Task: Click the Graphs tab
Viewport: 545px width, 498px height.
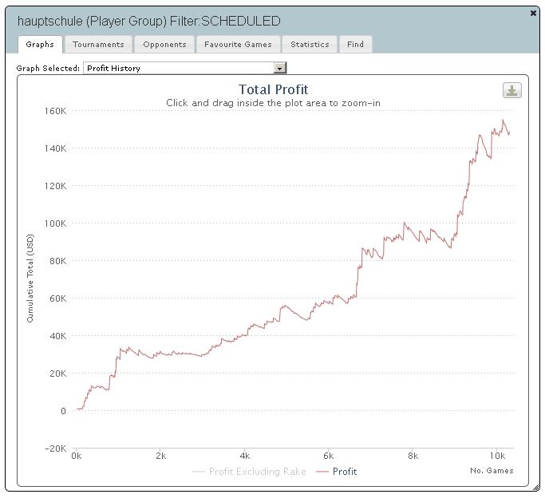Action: coord(40,45)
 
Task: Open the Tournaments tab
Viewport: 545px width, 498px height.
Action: coord(98,45)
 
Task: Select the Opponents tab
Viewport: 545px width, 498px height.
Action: coord(164,45)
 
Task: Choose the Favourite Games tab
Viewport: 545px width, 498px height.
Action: coord(238,45)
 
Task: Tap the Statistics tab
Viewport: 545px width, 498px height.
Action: coord(310,45)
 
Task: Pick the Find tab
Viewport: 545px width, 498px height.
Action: coord(356,45)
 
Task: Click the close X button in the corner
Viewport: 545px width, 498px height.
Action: coord(533,14)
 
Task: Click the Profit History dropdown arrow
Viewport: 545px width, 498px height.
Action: coord(280,68)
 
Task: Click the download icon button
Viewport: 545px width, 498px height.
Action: coord(512,90)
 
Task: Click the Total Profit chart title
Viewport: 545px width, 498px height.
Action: coord(273,89)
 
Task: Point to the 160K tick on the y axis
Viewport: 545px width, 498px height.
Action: coord(55,111)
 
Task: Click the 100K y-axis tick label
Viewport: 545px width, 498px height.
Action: coord(55,223)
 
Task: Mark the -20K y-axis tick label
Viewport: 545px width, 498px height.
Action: coord(55,449)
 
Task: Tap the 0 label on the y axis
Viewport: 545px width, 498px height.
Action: coord(63,411)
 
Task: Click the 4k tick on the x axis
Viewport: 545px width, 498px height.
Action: coord(245,456)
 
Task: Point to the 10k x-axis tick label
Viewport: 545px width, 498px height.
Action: coord(497,456)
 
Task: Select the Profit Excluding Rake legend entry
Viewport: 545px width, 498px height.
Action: coord(249,472)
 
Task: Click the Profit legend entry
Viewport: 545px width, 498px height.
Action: coord(337,472)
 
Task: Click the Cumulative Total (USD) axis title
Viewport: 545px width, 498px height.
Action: coord(30,279)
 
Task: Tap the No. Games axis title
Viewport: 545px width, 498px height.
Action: coord(492,471)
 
